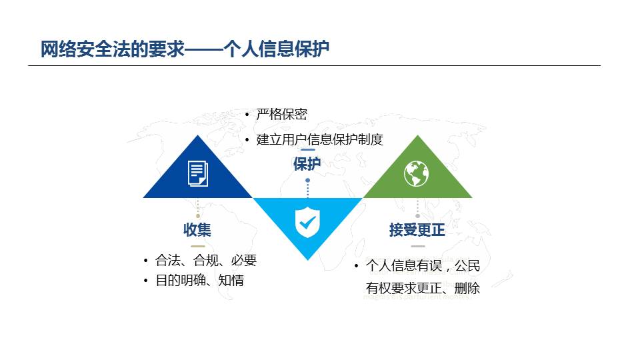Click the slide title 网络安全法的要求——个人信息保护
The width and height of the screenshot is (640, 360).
coord(185,49)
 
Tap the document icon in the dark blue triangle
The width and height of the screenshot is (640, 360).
coord(197,173)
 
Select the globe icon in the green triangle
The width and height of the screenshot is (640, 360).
coord(416,173)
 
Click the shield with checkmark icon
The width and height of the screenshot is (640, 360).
coord(307,223)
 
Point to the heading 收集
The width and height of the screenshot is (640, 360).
coord(197,230)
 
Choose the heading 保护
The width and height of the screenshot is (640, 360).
coord(307,164)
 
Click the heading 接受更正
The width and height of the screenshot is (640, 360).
coord(417,230)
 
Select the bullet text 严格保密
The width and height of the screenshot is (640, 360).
coord(281,114)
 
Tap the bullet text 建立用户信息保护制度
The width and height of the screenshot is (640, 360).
coord(319,139)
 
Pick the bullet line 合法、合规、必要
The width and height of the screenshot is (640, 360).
coord(206,260)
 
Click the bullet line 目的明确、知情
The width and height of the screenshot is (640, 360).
coord(199,281)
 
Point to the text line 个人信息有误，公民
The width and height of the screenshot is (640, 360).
coord(423,266)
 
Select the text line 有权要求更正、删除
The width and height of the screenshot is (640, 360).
coord(423,288)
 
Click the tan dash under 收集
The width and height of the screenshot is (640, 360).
coord(198,246)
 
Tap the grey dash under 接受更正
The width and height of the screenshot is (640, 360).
coord(417,246)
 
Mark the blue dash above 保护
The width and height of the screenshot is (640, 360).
coord(307,150)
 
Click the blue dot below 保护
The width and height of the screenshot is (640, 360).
coord(308,180)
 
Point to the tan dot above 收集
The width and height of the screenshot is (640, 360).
coord(198,216)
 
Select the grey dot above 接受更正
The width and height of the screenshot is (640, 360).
coord(417,216)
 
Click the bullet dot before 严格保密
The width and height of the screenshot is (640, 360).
coord(247,115)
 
